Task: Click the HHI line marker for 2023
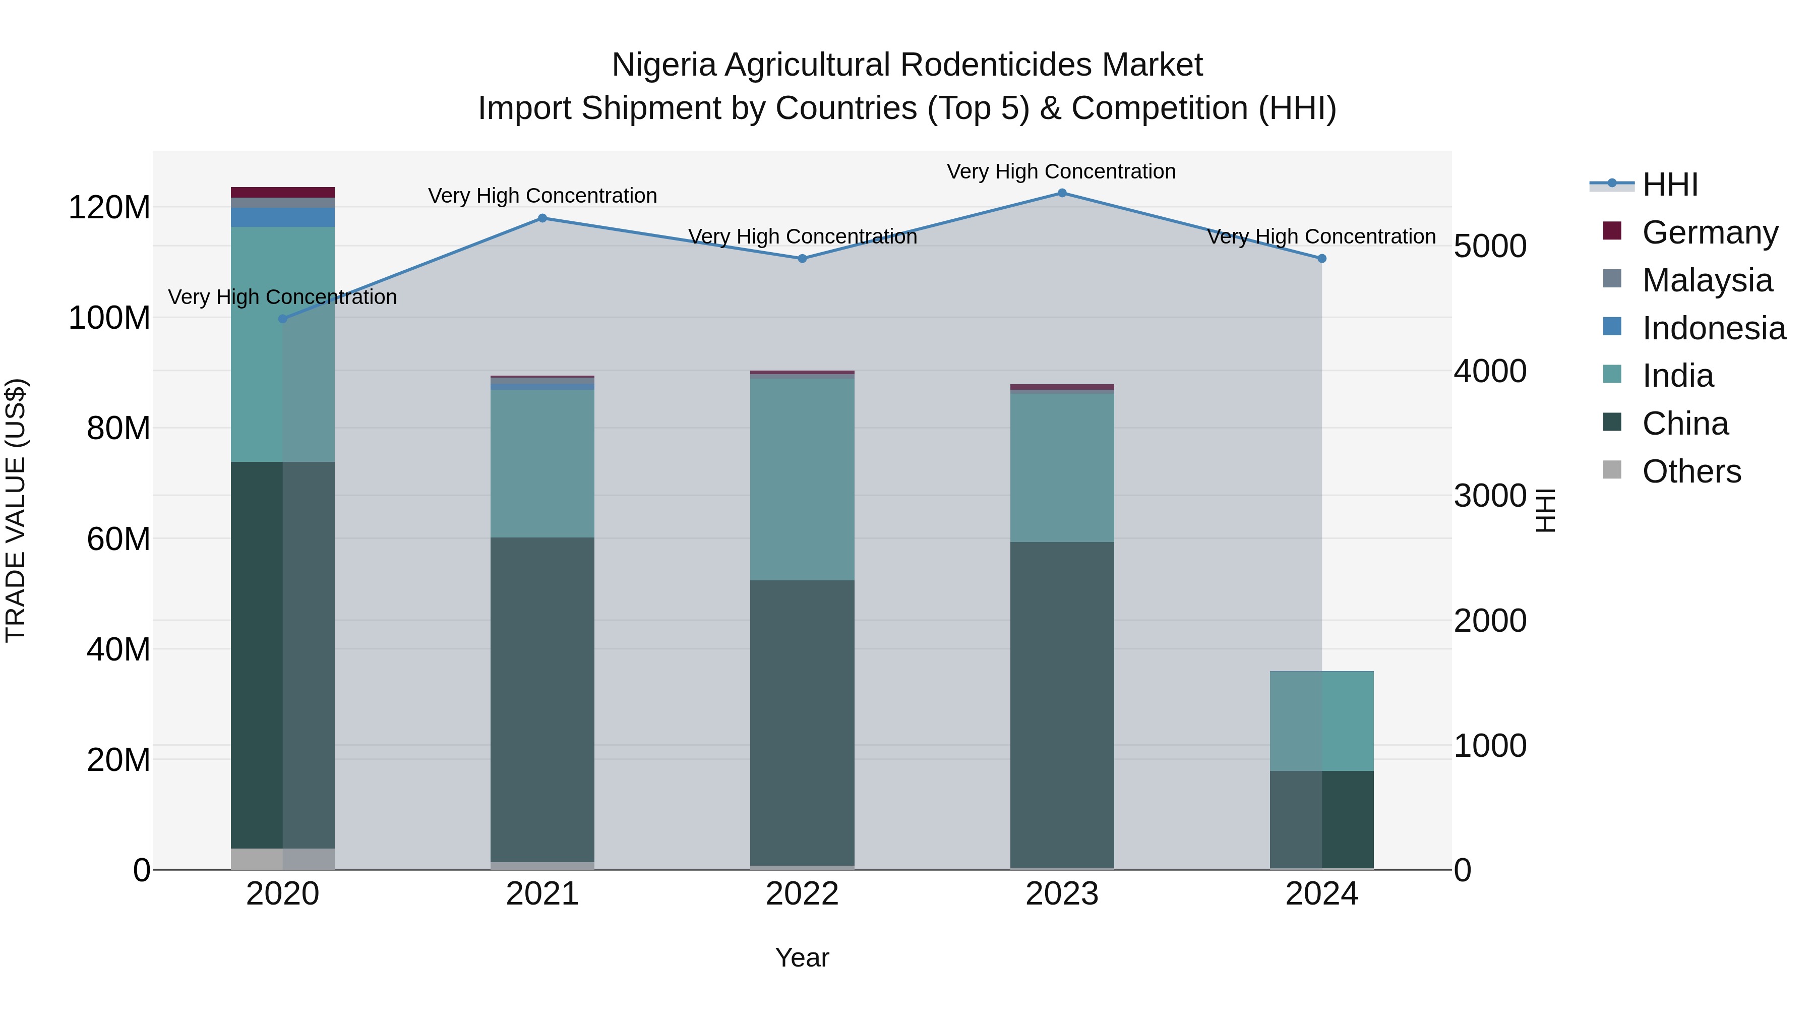1062,193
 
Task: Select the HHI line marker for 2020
282,319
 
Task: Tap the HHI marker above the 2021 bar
542,218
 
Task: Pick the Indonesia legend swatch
1612,327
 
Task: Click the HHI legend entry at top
1669,185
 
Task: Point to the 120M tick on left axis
109,208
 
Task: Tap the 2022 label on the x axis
802,894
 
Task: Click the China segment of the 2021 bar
542,698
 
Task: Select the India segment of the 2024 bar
1322,720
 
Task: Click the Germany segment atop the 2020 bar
282,193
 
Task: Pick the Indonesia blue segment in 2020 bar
282,217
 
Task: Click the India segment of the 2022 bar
802,479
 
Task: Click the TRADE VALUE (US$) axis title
16,510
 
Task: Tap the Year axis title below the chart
802,957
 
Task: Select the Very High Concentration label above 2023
1061,171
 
